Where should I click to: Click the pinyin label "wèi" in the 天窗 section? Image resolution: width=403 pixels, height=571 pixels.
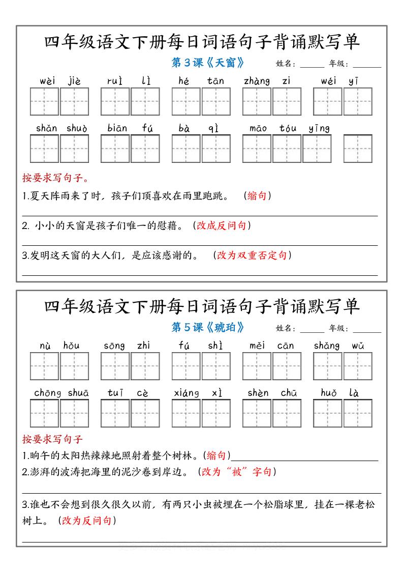pyautogui.click(x=47, y=81)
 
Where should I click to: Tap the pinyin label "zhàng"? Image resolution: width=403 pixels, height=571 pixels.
pyautogui.click(x=257, y=81)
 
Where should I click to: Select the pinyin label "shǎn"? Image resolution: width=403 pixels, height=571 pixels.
pyautogui.click(x=46, y=128)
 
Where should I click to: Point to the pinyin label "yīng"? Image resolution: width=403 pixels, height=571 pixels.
pyautogui.click(x=319, y=128)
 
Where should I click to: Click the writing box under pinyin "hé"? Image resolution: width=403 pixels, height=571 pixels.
pyautogui.click(x=185, y=102)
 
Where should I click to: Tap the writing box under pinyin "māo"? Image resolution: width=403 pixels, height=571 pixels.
pyautogui.click(x=257, y=149)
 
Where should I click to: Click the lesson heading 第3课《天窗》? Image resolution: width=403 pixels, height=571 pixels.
pyautogui.click(x=208, y=63)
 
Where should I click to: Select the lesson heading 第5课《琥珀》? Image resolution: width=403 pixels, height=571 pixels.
pyautogui.click(x=208, y=327)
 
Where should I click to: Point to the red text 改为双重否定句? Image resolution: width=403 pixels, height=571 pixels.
pyautogui.click(x=252, y=255)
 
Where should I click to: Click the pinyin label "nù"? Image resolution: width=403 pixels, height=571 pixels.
pyautogui.click(x=45, y=346)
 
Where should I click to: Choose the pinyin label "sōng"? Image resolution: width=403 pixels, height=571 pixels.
pyautogui.click(x=114, y=346)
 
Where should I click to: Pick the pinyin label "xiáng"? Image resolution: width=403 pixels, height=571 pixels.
pyautogui.click(x=186, y=393)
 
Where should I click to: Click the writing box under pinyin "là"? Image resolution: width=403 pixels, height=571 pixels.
pyautogui.click(x=358, y=413)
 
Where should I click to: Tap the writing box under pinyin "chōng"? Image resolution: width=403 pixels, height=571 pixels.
pyautogui.click(x=44, y=413)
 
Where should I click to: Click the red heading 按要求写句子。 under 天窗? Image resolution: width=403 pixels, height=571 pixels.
pyautogui.click(x=55, y=178)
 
